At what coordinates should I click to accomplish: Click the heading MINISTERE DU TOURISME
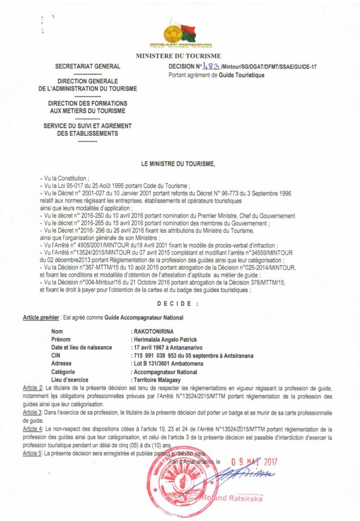178,56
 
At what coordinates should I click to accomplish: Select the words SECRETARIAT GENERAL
88,66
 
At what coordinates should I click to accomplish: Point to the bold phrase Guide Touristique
241,75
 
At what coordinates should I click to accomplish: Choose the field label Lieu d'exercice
70,380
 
